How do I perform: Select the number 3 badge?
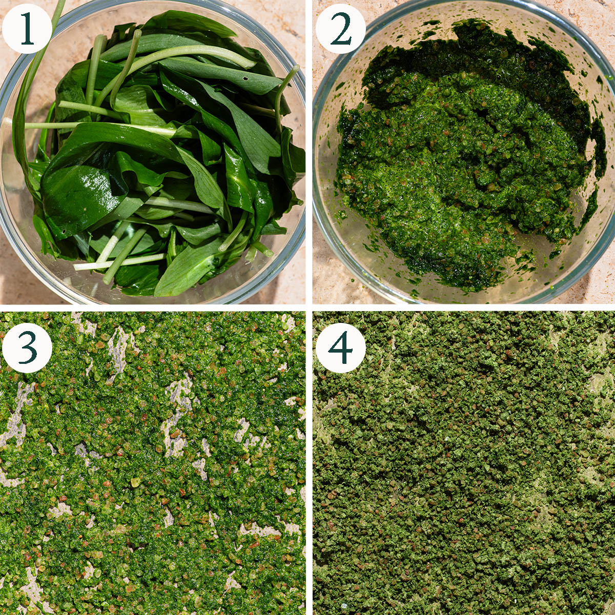(x=27, y=348)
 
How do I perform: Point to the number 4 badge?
(x=340, y=348)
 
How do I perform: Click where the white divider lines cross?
(x=309, y=307)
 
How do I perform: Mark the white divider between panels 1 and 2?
(x=309, y=152)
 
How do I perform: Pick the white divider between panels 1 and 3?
(x=153, y=307)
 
